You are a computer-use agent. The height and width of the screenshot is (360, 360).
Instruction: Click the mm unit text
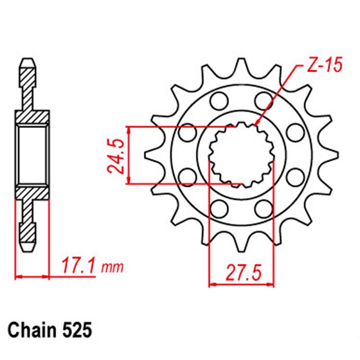[x=112, y=268]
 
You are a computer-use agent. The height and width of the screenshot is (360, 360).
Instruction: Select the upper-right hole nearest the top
[x=262, y=99]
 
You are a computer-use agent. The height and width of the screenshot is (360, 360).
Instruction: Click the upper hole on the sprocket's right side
[x=295, y=132]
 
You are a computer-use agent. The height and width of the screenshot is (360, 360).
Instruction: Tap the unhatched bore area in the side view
[x=32, y=155]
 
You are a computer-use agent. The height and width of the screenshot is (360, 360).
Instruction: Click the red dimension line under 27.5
[x=241, y=285]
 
